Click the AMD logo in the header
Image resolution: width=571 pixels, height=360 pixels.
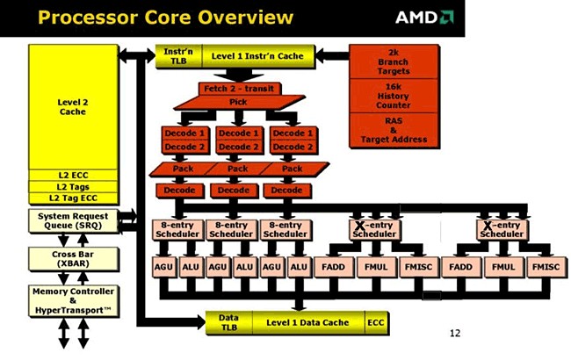pyautogui.click(x=424, y=17)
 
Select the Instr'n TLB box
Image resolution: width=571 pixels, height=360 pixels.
pyautogui.click(x=175, y=56)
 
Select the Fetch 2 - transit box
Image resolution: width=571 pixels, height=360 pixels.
pyautogui.click(x=239, y=89)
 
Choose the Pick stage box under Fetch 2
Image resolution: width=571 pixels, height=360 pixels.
pyautogui.click(x=239, y=103)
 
